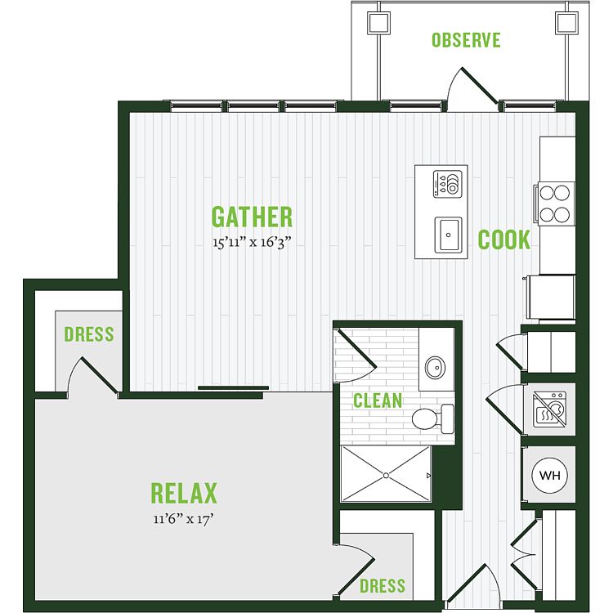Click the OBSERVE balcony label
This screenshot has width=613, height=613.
(466, 40)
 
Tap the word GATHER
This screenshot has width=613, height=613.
(252, 217)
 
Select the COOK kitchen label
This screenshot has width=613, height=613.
(504, 239)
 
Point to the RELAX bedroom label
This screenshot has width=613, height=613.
(184, 494)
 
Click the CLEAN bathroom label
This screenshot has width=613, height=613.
(378, 400)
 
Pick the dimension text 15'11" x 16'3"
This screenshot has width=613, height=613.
(253, 243)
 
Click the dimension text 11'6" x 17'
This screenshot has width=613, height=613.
(183, 519)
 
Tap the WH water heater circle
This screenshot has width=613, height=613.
(550, 476)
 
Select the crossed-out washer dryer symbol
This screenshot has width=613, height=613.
(550, 409)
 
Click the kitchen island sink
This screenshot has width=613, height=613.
(449, 235)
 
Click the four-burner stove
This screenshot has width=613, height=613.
(555, 204)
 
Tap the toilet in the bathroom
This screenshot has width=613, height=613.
(432, 418)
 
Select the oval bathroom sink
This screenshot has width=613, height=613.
(435, 368)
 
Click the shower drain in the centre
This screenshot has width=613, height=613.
(386, 476)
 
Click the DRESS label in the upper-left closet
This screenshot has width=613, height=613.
(89, 334)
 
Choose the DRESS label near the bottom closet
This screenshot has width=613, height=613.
(383, 586)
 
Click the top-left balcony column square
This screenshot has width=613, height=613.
(378, 23)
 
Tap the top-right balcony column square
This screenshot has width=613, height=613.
(567, 23)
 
